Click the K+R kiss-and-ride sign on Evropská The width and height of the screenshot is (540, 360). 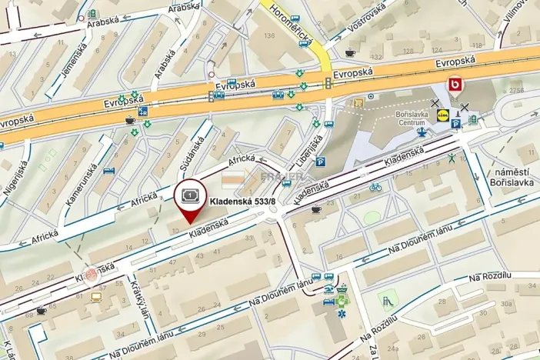pos(143,112)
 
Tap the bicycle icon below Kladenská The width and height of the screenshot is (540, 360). pos(375,187)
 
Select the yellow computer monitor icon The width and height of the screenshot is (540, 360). pos(96,296)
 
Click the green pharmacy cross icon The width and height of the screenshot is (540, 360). pos(342,292)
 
